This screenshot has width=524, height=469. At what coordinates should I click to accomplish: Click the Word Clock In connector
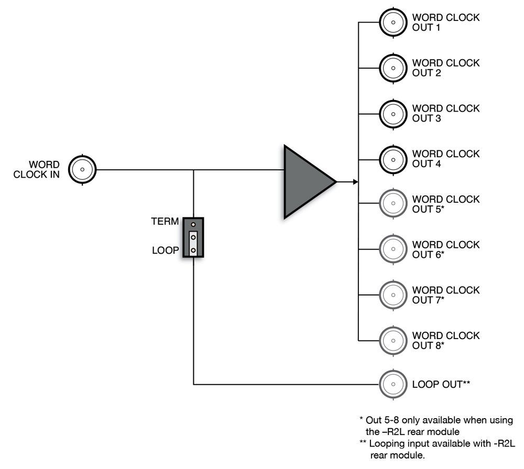click(x=82, y=169)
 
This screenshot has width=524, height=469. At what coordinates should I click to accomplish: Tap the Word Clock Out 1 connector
click(x=392, y=23)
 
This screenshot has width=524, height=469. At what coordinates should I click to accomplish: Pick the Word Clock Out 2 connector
click(x=392, y=68)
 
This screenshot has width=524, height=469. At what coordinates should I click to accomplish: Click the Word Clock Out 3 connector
click(x=392, y=113)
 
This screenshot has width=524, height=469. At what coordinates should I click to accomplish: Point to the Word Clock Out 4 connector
click(x=392, y=159)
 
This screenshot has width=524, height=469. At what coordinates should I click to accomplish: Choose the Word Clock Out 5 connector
click(x=392, y=204)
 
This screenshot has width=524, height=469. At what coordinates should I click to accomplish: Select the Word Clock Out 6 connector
click(x=392, y=249)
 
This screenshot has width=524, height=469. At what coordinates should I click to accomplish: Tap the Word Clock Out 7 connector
click(x=392, y=295)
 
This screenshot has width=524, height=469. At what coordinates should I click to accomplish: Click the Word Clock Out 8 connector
click(x=392, y=340)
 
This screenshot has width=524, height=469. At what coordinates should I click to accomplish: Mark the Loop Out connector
click(x=392, y=385)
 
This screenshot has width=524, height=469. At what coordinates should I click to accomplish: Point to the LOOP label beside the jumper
click(x=166, y=250)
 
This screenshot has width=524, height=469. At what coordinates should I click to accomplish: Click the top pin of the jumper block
click(x=193, y=224)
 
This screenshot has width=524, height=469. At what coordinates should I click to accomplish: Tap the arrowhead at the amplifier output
click(x=355, y=182)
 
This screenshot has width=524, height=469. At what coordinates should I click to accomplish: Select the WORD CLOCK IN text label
click(x=37, y=170)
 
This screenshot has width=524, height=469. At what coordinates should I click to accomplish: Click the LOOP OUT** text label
click(x=441, y=385)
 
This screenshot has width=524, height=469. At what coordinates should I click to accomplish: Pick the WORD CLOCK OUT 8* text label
click(x=445, y=340)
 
